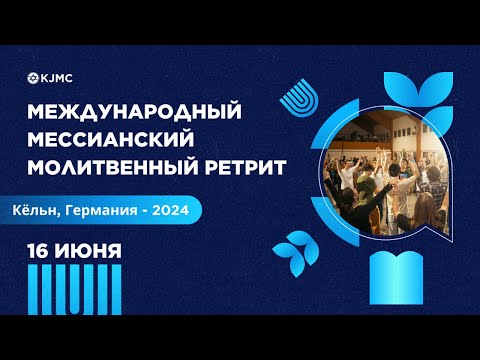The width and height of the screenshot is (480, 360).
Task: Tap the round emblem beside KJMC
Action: coord(36,76)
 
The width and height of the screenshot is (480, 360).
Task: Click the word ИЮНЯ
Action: coord(90,251)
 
